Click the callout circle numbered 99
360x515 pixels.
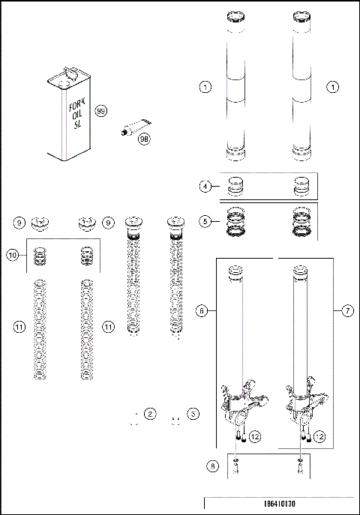[101, 112]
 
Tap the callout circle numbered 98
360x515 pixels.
[144, 139]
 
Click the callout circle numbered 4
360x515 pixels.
[205, 186]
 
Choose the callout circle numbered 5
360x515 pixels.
[205, 221]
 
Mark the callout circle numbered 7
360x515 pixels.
[346, 309]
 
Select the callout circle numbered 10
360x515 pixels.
[13, 256]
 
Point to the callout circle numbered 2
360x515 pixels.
[151, 413]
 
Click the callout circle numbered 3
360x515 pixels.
[193, 413]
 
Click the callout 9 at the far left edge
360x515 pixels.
[19, 222]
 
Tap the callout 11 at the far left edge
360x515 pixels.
[19, 327]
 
